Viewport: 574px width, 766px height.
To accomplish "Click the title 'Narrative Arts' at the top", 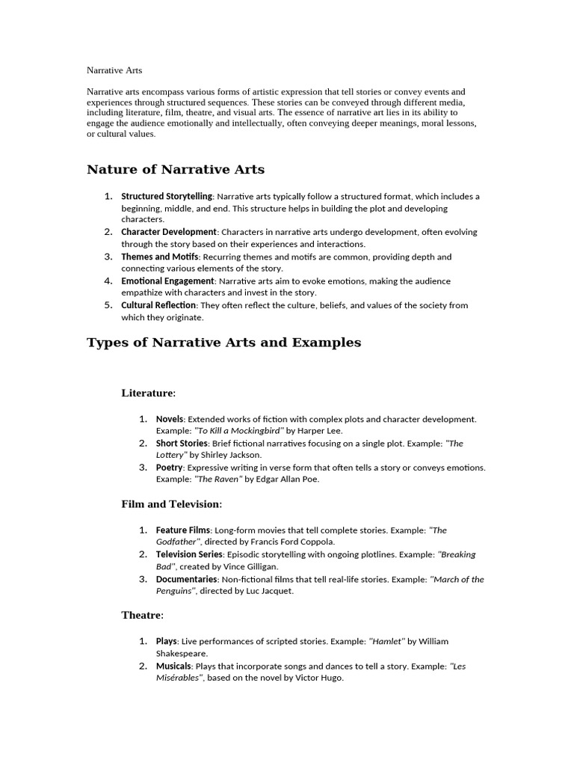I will point(114,70).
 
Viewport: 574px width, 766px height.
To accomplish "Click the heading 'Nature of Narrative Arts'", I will point(176,170).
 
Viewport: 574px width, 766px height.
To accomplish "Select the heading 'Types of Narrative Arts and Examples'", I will point(223,343).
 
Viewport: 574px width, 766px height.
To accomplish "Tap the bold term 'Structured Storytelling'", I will point(167,196).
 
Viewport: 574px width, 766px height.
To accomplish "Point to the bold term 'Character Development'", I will point(169,232).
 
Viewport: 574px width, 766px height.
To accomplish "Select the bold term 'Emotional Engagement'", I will point(167,281).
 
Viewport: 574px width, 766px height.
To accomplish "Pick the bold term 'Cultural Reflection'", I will point(158,305).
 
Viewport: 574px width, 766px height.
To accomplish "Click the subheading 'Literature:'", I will point(149,393).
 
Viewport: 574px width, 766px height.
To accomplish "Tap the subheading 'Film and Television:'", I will point(172,504).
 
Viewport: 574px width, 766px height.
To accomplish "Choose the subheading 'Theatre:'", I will point(143,616).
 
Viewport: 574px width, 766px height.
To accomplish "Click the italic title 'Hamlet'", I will point(386,641).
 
